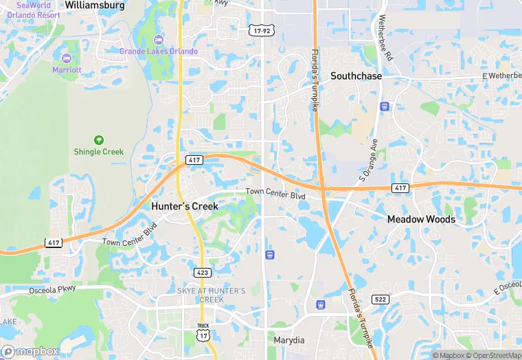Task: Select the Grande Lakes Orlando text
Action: coord(159,52)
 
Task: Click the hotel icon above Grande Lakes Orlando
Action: coord(159,38)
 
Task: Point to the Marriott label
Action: coord(67,69)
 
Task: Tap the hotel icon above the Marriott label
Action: coord(67,57)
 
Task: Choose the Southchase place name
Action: coord(356,76)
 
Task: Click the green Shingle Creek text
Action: coord(98,152)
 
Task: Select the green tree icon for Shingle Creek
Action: coord(98,139)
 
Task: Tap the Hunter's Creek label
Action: coord(184,206)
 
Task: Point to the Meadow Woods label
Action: coord(421,219)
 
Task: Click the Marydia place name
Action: coord(289,341)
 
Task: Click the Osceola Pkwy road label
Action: coord(51,291)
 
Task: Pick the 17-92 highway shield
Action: coord(260,31)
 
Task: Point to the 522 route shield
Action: coord(380,299)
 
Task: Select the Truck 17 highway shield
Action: coord(203,331)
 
